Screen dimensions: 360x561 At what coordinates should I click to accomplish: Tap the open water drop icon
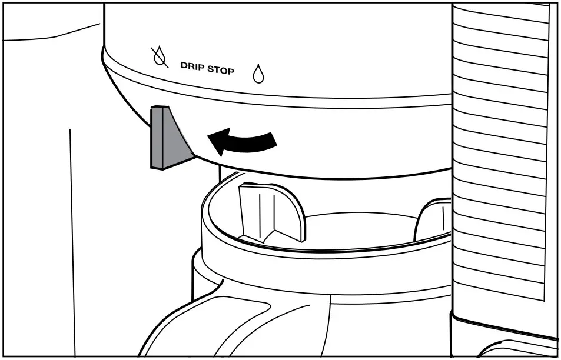[257, 73]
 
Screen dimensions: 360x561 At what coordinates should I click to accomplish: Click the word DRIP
[191, 66]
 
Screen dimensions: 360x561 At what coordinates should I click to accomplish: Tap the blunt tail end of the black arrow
[271, 139]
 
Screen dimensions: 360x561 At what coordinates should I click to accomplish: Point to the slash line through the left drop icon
[157, 56]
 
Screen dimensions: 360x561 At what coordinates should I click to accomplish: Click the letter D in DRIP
[183, 65]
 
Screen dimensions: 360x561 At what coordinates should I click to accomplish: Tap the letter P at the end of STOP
[231, 71]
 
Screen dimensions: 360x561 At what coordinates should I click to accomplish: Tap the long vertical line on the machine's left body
[72, 235]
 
